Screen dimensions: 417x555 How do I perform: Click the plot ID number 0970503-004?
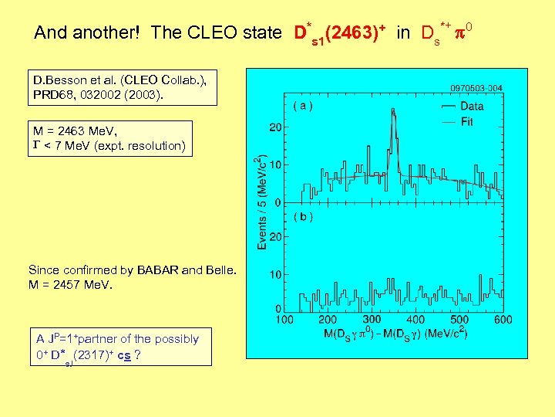470,88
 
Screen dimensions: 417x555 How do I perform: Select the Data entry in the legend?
472,107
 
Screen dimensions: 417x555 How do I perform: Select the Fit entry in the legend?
466,122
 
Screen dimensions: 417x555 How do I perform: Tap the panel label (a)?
302,106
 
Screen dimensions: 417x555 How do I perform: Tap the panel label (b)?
302,217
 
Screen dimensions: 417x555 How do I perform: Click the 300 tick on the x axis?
372,320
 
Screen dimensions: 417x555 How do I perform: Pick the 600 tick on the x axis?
503,320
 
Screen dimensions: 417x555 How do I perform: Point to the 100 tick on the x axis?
284,320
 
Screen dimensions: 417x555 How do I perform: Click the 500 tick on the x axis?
460,320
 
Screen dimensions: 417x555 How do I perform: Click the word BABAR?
160,270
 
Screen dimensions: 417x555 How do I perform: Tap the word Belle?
218,270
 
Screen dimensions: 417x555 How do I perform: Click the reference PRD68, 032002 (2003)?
98,93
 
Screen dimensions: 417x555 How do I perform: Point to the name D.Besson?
58,80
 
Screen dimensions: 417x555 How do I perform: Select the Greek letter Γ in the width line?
35,146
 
